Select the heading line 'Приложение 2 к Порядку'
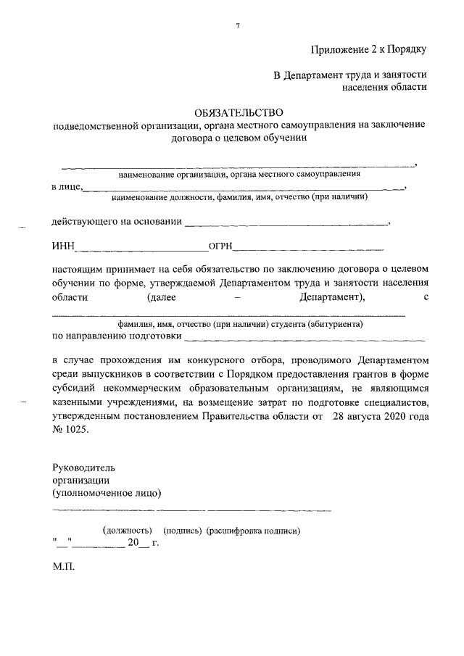[368, 49]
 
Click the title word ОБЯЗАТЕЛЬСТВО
[239, 112]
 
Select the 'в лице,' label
[67, 187]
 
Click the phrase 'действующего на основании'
[116, 221]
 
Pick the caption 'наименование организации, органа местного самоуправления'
[239, 175]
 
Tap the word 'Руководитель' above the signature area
[83, 467]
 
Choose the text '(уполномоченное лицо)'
[107, 493]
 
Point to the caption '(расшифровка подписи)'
[253, 531]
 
